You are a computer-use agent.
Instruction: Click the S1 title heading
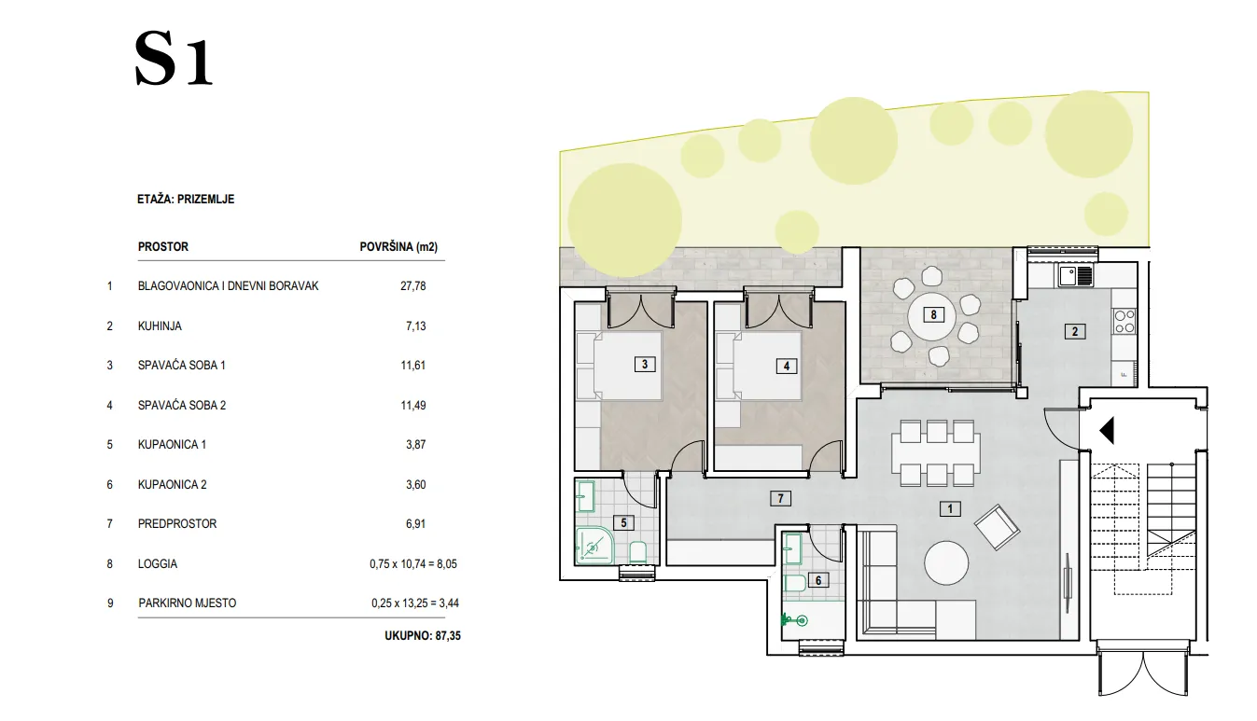click(174, 59)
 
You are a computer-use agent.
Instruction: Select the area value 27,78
click(413, 286)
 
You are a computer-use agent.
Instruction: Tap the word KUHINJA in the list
click(160, 326)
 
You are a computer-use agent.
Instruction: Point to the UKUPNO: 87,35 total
click(423, 636)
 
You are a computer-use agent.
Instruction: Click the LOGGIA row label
click(158, 564)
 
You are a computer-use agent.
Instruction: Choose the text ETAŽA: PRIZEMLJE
click(186, 200)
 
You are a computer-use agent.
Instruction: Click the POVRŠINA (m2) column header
click(398, 247)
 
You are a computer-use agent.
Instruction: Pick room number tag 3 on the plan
click(645, 364)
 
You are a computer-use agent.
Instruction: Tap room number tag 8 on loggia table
click(933, 314)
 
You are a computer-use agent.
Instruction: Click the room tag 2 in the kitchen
click(1075, 332)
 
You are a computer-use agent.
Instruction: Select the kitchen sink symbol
click(1076, 276)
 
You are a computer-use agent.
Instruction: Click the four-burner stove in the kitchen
click(1124, 321)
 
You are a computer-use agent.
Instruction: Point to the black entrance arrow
click(1107, 431)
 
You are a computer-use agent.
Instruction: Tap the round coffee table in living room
click(946, 562)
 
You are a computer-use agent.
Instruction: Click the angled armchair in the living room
click(997, 527)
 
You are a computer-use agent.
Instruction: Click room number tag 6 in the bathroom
click(817, 581)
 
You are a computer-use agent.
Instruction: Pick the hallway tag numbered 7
click(780, 498)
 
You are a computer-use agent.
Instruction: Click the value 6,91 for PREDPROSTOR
click(416, 524)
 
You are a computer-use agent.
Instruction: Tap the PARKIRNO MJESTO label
click(188, 603)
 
